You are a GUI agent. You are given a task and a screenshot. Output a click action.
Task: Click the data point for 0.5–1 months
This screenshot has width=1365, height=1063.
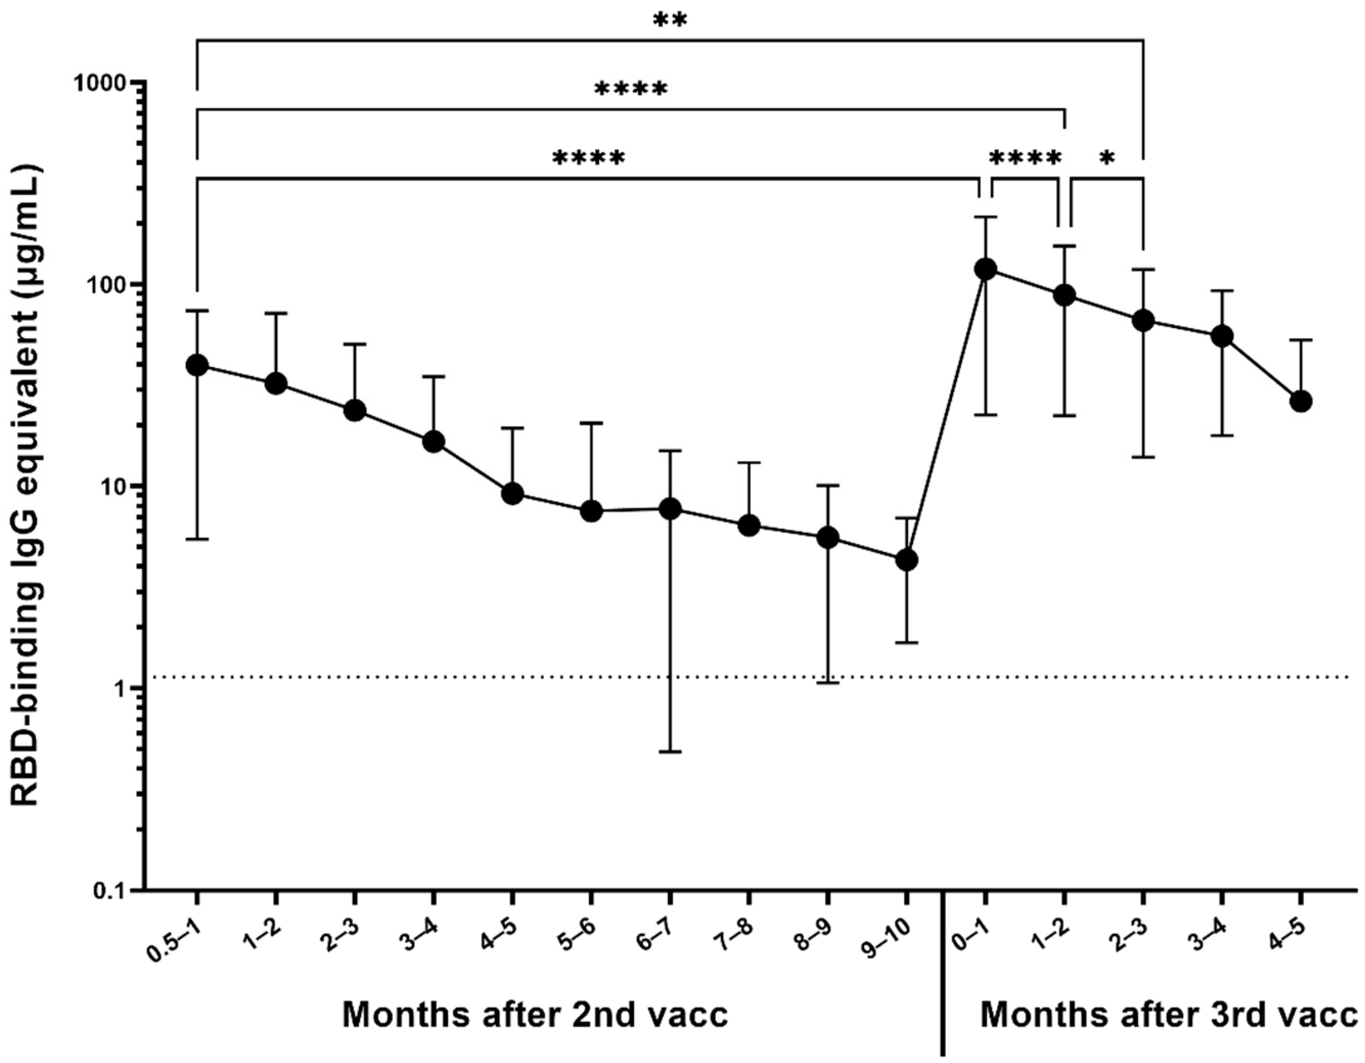(x=197, y=365)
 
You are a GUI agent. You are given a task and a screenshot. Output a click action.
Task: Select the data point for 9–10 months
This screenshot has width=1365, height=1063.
(x=907, y=560)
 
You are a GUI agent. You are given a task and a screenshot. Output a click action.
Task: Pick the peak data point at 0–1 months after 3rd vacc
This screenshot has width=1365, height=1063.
(x=986, y=270)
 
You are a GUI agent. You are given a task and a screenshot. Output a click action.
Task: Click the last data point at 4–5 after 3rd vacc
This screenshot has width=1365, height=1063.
(x=1301, y=402)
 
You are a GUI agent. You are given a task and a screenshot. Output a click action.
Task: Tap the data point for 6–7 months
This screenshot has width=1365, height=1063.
(x=670, y=508)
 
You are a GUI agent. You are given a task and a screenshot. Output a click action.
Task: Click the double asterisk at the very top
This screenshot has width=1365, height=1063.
(x=670, y=20)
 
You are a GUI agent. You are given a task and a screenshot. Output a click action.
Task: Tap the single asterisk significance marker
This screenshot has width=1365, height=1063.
(x=1107, y=159)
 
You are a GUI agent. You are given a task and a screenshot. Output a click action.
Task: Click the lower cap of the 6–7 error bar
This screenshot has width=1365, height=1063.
(x=670, y=751)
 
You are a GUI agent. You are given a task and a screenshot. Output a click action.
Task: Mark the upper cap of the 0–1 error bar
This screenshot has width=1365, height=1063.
(x=986, y=217)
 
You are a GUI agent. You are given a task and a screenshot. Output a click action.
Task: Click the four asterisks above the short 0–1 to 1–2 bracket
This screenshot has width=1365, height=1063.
(x=1025, y=158)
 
